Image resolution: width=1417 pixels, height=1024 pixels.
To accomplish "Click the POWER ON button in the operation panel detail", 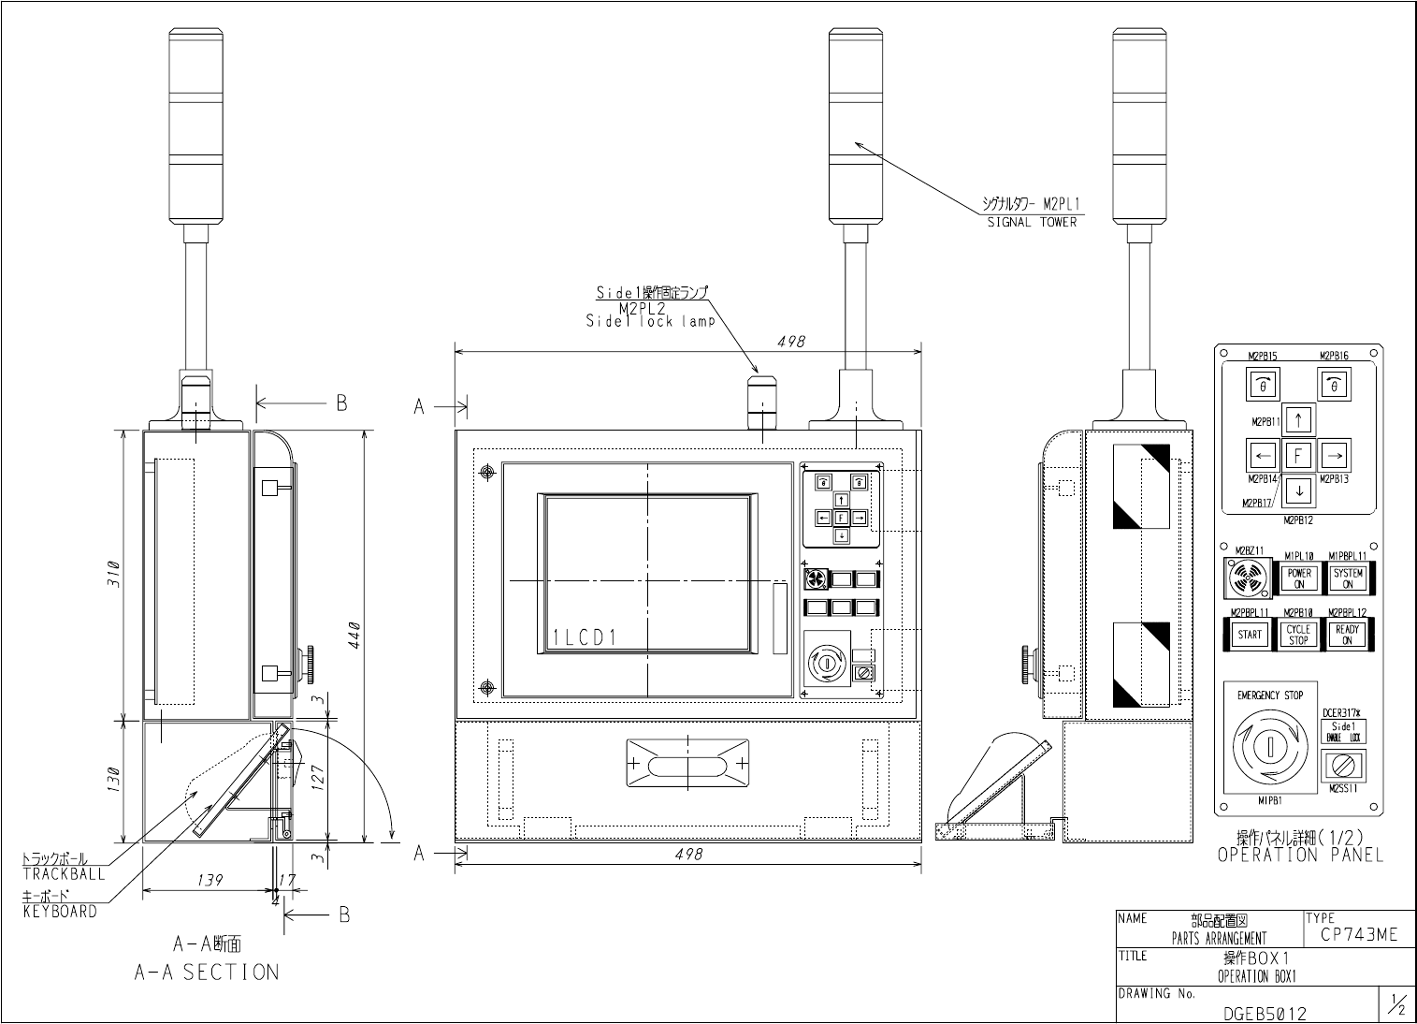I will coord(1299,578).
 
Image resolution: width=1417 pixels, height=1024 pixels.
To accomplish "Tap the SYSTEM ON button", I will coord(1348,578).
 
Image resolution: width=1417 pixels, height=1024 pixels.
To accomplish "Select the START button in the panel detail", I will coord(1250,635).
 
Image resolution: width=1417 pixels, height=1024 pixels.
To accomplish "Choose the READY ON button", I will coord(1347,635).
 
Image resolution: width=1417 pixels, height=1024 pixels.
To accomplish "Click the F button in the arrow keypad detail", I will coord(1297,456).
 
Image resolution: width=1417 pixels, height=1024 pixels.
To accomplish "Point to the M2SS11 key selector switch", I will coord(1343,765).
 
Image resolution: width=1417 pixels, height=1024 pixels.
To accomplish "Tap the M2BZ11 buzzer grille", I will coord(1245,578).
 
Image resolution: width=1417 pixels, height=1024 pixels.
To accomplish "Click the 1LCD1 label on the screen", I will coord(584,638).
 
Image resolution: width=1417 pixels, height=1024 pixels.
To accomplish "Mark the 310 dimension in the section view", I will coord(113,573).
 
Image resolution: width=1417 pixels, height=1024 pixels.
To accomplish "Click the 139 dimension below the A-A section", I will coord(210,881).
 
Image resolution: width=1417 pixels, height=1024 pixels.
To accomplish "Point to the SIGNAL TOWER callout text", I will coord(1032,223).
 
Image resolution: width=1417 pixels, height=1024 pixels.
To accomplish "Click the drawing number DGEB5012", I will coord(1265,1013).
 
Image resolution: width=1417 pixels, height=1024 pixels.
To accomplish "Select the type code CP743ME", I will coord(1359,934).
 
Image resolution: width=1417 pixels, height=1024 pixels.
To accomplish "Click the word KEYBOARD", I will coord(60,912).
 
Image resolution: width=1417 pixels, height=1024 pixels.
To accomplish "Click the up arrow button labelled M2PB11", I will coord(1297,418).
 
